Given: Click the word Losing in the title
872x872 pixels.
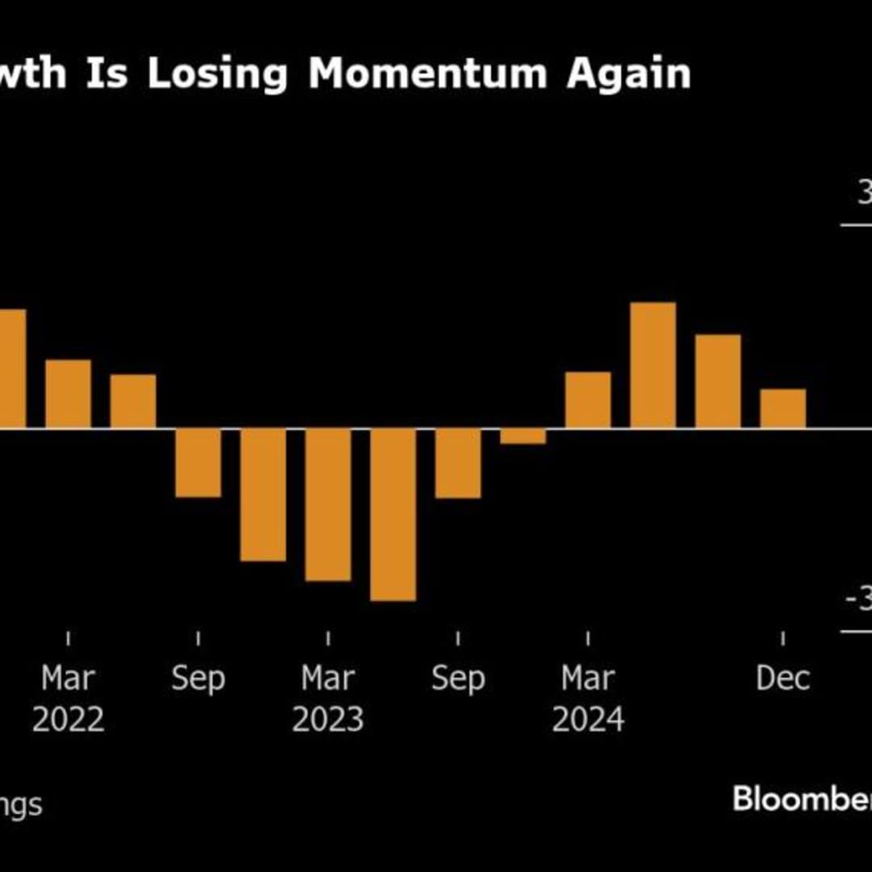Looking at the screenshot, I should tap(216, 74).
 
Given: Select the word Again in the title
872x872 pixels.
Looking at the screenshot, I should tap(628, 74).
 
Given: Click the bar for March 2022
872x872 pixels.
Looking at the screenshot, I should tap(68, 393).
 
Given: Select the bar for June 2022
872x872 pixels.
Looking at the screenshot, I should tap(133, 400).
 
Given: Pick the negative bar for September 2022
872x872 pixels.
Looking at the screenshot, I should tap(198, 462).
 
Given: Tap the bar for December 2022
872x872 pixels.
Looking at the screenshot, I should tap(263, 493).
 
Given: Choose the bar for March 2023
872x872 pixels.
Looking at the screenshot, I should tap(328, 504).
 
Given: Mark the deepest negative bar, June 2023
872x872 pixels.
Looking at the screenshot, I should tap(393, 514).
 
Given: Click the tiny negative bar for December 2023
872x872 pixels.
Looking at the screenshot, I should tap(523, 436).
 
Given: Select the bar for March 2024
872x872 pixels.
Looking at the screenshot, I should tap(588, 400).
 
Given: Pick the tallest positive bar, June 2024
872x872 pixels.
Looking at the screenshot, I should tap(653, 365).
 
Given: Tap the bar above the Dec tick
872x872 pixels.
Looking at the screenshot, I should tap(783, 408).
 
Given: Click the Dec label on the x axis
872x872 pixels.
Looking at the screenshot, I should tap(783, 678).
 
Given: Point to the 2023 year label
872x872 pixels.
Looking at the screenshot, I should tap(328, 719).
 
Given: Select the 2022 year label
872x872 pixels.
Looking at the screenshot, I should tap(68, 719).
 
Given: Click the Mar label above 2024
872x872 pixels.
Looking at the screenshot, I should tap(588, 678).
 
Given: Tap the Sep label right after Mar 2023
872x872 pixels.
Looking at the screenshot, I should tap(458, 678).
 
